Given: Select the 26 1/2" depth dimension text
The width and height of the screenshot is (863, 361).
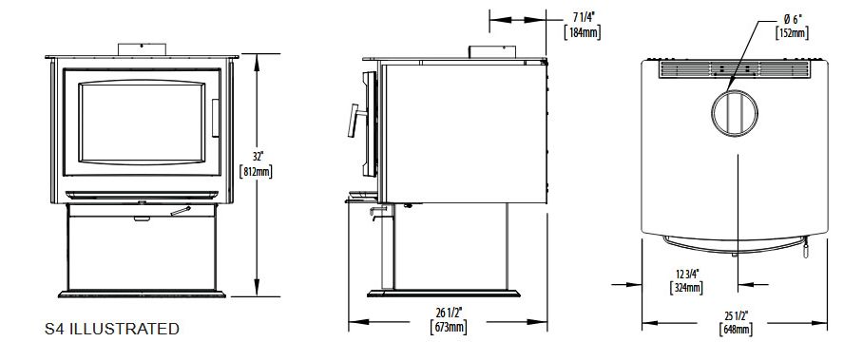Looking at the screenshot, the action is pyautogui.click(x=448, y=313).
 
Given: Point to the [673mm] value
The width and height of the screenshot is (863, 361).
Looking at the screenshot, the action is pyautogui.click(x=448, y=328).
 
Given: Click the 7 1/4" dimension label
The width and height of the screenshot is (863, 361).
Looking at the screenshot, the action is pyautogui.click(x=583, y=18).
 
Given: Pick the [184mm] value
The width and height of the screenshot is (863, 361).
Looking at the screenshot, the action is pyautogui.click(x=583, y=32).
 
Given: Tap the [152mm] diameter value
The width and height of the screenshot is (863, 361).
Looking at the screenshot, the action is pyautogui.click(x=792, y=32).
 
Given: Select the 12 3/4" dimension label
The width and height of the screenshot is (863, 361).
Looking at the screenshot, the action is pyautogui.click(x=687, y=274).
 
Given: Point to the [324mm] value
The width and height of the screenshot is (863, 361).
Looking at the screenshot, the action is pyautogui.click(x=687, y=287).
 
